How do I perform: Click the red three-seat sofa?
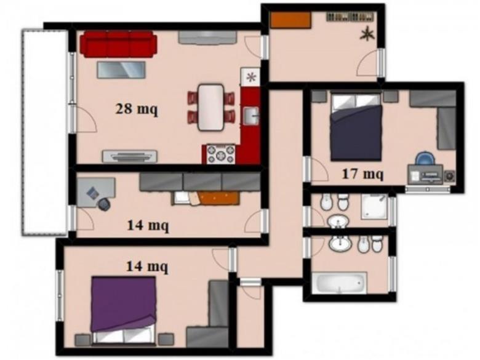point(118,44)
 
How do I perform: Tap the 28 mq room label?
point(137,109)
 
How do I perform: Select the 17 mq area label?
point(362,174)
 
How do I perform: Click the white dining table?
point(211,107)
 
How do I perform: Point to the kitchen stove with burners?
point(221,154)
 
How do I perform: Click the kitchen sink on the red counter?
point(251,116)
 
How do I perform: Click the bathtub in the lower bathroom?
point(339,283)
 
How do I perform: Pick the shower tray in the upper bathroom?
point(374,206)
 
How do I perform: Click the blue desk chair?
point(425,159)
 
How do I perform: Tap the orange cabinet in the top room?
point(291,20)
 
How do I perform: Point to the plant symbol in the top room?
point(367,33)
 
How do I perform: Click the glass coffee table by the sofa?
point(121,70)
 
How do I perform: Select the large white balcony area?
point(45,132)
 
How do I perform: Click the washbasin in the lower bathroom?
point(340,244)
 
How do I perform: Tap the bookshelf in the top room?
point(350,17)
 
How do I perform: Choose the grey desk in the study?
point(95,193)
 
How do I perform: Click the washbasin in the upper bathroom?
point(338,221)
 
